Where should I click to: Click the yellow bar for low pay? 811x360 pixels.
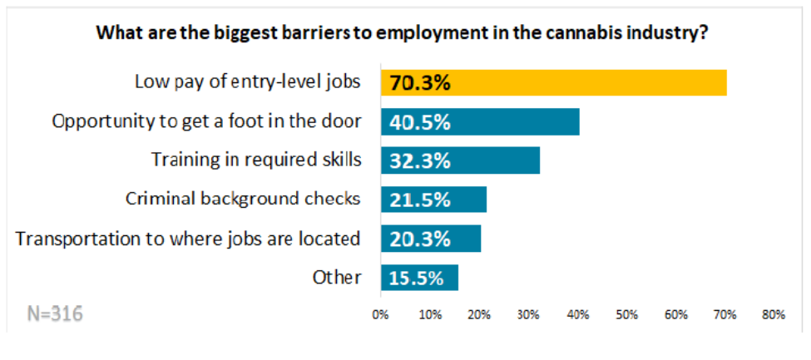[553, 82]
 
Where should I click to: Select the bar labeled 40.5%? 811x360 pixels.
[480, 121]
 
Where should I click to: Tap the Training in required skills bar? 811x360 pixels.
[460, 160]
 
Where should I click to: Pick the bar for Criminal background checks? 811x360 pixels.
[433, 200]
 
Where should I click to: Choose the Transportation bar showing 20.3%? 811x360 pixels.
[431, 239]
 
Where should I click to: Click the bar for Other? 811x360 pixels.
[419, 278]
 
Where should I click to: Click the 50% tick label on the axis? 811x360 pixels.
[626, 315]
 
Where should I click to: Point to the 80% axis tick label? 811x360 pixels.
[774, 315]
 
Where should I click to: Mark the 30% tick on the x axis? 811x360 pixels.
[528, 315]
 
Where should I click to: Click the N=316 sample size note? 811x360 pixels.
[51, 314]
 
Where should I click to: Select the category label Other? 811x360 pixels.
[338, 278]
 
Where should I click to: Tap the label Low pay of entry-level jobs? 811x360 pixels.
[249, 82]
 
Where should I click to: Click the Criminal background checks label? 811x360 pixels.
[243, 200]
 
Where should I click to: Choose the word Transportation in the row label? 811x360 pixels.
[72, 239]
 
